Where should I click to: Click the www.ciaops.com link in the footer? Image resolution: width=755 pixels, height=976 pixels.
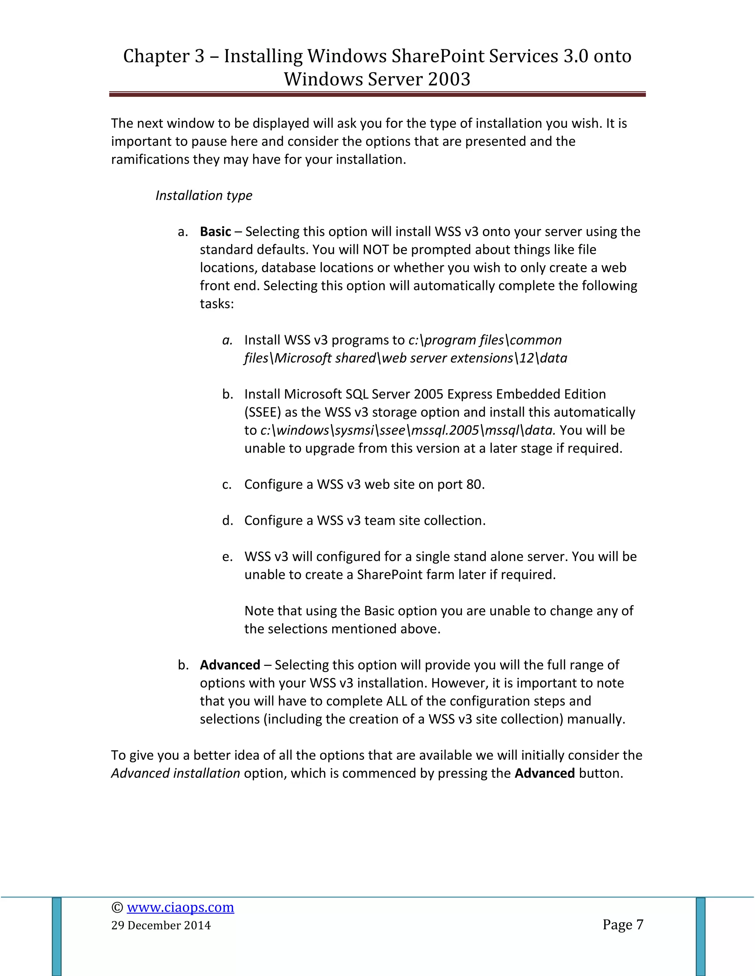[x=180, y=907]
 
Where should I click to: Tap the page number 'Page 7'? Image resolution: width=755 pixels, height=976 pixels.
[x=623, y=924]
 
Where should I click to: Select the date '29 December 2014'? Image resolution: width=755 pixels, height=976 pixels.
[x=161, y=925]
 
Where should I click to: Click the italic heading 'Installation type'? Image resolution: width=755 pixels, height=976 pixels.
[x=203, y=195]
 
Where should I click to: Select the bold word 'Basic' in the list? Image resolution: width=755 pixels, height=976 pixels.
[x=215, y=232]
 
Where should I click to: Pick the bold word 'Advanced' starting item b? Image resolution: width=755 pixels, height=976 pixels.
[x=230, y=665]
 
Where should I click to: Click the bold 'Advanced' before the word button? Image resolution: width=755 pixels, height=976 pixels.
[x=544, y=773]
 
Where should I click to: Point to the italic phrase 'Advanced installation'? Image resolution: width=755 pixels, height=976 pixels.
[x=175, y=773]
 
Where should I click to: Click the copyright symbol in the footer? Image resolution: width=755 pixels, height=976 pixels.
[x=117, y=907]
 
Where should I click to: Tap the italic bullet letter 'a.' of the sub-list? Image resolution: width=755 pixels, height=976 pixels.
[x=227, y=340]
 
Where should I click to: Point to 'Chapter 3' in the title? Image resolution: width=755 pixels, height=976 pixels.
[x=163, y=56]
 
